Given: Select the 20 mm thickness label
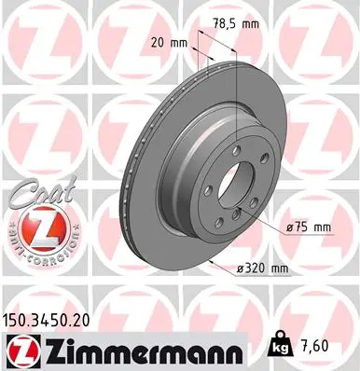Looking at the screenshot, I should point(169,42).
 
